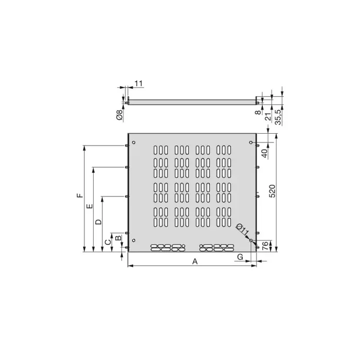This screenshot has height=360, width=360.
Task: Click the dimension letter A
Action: [x=195, y=261]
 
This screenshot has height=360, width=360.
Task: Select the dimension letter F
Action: [x=79, y=196]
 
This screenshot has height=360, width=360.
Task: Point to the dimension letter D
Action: [x=98, y=222]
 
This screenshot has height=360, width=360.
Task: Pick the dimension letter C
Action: [x=107, y=241]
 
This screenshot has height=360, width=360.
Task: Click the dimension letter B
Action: [x=118, y=238]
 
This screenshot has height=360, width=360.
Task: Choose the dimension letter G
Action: [x=240, y=256]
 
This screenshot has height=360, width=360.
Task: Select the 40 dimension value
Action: [x=265, y=152]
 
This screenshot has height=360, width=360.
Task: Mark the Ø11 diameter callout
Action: [x=243, y=230]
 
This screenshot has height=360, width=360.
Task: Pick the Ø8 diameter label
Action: [x=119, y=115]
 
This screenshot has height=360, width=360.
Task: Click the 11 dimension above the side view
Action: [x=139, y=83]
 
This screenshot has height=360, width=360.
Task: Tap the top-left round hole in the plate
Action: [x=134, y=142]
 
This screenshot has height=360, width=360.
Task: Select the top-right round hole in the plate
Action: [x=250, y=142]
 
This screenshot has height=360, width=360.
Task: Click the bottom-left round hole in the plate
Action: [x=134, y=241]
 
